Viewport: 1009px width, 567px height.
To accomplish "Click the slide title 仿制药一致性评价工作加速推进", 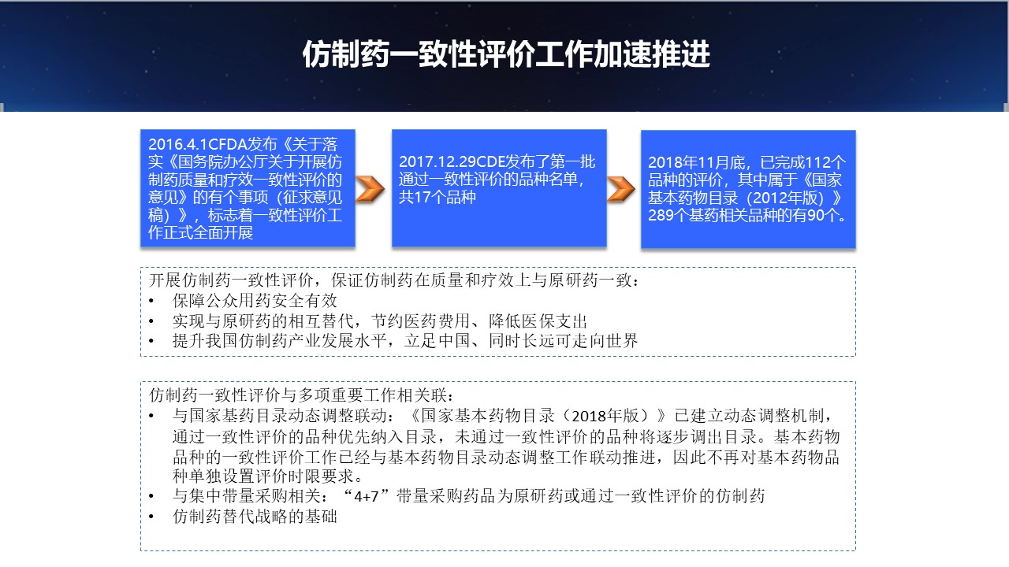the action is pos(506,54).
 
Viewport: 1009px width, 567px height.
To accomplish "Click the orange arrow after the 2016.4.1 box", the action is pos(370,189).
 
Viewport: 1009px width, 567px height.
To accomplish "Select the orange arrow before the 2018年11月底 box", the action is pos(620,189).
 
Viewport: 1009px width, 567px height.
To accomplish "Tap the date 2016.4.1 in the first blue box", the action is pos(177,144).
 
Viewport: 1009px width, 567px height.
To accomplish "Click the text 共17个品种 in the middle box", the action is pos(437,197).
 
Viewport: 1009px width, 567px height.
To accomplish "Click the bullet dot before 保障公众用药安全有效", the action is pos(151,301).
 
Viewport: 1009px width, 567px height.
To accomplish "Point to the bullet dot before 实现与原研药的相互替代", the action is pos(151,321).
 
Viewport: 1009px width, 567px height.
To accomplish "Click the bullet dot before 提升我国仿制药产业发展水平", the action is pos(151,341).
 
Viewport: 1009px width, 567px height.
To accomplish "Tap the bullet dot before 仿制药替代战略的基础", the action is pos(151,517).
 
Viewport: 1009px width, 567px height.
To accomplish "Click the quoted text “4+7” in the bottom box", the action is pos(366,496).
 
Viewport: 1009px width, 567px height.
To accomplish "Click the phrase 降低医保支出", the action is pos(538,321).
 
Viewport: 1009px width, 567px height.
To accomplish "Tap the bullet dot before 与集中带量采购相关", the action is pos(151,496).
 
